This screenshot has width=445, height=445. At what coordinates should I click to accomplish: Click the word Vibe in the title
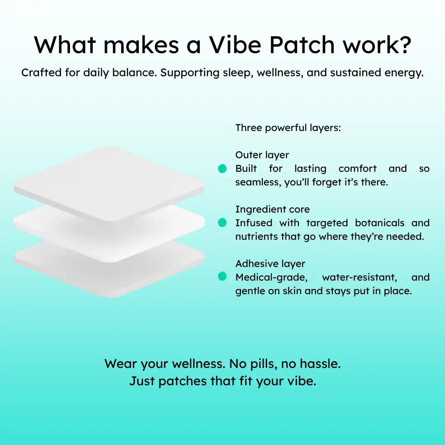(235, 45)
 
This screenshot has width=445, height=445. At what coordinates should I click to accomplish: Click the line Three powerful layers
(288, 128)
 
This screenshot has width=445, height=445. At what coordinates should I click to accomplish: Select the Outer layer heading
(262, 155)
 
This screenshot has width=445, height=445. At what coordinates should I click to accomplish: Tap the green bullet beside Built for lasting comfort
(222, 169)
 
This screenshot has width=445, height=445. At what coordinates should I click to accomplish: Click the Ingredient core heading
(272, 209)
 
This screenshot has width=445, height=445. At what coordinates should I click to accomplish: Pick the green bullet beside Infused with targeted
(222, 222)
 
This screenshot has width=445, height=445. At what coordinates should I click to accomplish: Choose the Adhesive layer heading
(270, 264)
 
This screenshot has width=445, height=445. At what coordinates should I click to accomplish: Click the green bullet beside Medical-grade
(222, 276)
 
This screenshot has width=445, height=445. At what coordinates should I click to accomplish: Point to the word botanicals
(380, 223)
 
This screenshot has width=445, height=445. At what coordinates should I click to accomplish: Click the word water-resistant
(360, 277)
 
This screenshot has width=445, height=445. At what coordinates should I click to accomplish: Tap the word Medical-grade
(272, 278)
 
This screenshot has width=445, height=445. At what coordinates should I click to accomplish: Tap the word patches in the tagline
(182, 382)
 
